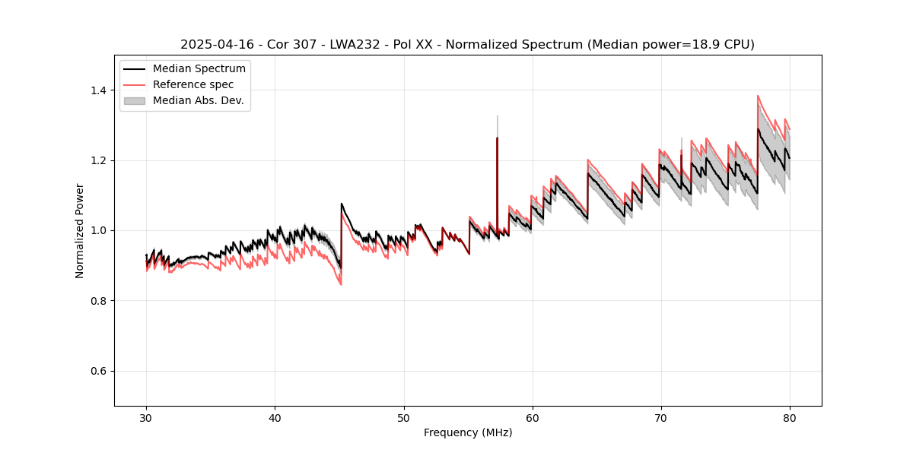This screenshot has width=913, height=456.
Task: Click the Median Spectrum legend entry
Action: click(199, 69)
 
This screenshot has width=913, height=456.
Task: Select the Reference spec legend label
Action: click(193, 84)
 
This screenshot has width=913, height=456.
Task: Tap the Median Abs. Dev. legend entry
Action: click(198, 100)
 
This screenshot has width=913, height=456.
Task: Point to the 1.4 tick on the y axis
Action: click(100, 90)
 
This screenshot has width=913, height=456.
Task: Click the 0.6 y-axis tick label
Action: click(100, 371)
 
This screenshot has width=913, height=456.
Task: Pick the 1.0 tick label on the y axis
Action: click(100, 230)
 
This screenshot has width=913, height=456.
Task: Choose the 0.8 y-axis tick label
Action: click(100, 301)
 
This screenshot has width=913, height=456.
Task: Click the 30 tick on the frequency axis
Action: click(146, 418)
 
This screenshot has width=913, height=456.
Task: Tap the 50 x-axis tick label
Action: click(404, 418)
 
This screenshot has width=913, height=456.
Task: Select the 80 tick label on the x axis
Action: click(790, 418)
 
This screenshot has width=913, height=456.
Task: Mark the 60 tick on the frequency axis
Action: click(533, 418)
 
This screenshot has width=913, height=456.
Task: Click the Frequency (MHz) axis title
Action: click(468, 433)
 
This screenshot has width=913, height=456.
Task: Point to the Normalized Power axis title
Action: click(80, 230)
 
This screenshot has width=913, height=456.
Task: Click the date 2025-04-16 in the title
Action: click(213, 45)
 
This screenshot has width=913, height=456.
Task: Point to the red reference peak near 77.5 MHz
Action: click(758, 97)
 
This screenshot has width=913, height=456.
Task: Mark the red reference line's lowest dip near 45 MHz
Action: click(340, 283)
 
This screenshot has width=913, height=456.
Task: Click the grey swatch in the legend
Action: click(134, 100)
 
